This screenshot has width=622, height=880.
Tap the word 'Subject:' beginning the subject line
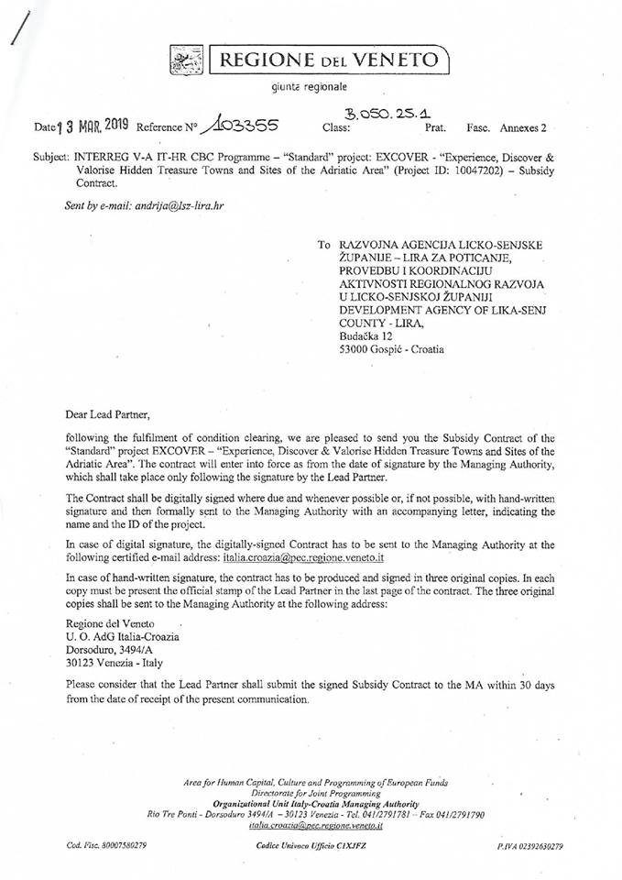tap(49, 158)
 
